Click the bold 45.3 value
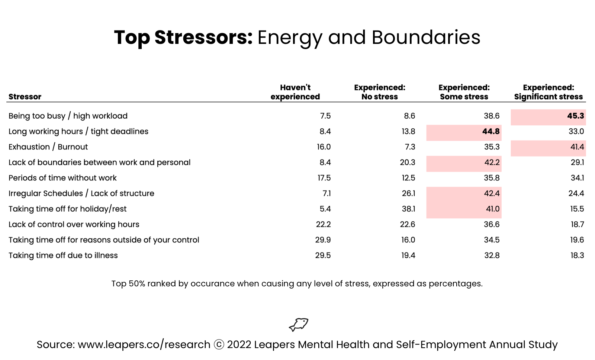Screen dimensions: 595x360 coord(575,116)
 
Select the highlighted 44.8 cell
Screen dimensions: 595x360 coord(464,132)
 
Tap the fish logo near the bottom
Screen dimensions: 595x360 coord(299,324)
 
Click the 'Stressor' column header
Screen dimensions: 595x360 coord(25,97)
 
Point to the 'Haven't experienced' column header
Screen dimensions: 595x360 coord(295,92)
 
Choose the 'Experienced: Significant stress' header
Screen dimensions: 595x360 coord(548,92)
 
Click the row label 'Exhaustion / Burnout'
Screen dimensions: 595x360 coord(48,147)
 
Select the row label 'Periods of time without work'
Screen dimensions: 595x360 coord(62,178)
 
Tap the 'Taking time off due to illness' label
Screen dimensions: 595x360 coord(63,255)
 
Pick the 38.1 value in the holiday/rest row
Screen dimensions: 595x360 coord(408,209)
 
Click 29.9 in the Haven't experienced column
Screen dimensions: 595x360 coord(323,240)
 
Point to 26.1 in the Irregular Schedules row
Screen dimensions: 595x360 coord(408,193)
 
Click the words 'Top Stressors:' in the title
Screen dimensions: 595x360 coord(183,38)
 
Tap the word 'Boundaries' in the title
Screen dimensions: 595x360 coord(426,37)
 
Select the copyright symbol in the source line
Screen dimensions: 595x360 coord(219,345)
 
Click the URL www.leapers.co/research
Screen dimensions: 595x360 coord(144,345)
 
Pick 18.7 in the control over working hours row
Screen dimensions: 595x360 coord(577,225)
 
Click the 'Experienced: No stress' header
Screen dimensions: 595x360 coord(380,92)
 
